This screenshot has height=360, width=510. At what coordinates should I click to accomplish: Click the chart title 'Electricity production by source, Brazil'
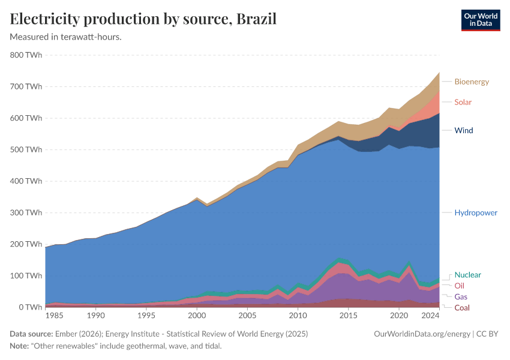tap(143, 19)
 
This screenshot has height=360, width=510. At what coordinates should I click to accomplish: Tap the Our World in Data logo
tap(480, 20)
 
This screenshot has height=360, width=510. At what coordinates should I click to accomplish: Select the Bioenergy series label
tap(472, 82)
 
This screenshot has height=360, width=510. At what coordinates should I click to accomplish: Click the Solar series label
tap(463, 102)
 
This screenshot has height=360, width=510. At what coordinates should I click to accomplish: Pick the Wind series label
tap(464, 130)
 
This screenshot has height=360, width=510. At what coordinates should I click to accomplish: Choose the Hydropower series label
tap(476, 213)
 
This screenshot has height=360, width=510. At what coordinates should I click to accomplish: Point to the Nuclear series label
tap(468, 275)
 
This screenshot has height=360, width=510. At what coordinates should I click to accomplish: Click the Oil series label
tap(459, 286)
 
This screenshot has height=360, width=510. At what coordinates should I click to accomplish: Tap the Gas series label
tap(461, 297)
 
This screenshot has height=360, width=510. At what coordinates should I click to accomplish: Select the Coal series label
tap(462, 308)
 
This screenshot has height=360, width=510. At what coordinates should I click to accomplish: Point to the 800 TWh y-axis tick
tap(26, 55)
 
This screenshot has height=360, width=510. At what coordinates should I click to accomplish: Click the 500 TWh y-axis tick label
tap(26, 149)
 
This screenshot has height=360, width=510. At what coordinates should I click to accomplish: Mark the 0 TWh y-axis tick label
tap(29, 307)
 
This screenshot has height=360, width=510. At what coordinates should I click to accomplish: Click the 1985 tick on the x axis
tap(55, 316)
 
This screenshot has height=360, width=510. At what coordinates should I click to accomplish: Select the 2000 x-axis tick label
tap(196, 316)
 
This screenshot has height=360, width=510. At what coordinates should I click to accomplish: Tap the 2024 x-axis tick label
tap(430, 316)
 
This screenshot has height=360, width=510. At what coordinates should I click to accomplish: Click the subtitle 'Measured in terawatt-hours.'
tap(66, 37)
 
